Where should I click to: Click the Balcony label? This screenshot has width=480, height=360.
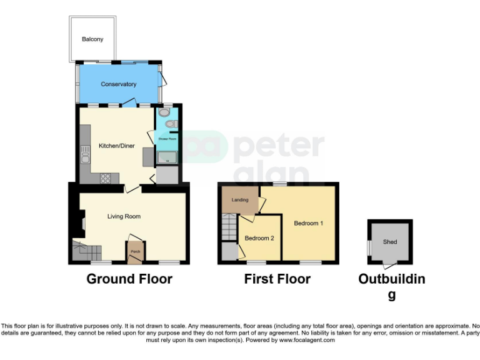tap(92, 39)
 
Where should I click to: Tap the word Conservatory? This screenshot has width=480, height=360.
tap(119, 84)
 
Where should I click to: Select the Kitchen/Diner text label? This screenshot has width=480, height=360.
tap(116, 147)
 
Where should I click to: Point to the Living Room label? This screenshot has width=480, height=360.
tap(124, 216)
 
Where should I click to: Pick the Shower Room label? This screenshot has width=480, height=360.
tap(167, 139)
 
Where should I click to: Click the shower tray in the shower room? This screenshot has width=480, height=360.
tap(167, 159)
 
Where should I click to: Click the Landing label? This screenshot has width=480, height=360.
tap(240, 200)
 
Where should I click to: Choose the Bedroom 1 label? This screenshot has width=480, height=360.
tap(308, 223)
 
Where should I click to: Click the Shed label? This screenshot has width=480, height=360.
tap(390, 242)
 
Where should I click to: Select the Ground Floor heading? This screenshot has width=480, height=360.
tap(129, 279)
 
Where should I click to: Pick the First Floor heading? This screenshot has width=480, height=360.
tap(277, 279)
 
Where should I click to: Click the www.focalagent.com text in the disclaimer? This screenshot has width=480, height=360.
tap(307, 341)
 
